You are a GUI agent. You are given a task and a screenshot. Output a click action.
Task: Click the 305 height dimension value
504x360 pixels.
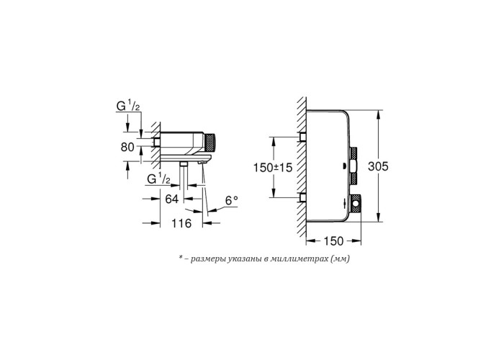[x=378, y=166]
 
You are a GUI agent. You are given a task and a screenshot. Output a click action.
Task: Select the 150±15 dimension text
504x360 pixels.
[x=273, y=168]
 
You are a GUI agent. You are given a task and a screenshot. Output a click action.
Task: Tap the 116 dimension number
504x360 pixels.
[x=181, y=222]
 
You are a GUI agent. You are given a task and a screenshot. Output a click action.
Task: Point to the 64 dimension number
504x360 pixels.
[x=171, y=199]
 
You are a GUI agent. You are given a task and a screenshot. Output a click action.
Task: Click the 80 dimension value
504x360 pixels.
[x=127, y=147]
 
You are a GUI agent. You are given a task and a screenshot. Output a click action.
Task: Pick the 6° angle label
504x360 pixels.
[x=231, y=201]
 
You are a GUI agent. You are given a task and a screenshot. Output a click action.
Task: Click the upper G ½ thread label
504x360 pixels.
[x=128, y=106]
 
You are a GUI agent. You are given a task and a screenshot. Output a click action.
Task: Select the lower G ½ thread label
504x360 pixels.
[x=158, y=179]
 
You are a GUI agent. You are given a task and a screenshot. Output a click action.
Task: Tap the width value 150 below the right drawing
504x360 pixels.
[x=333, y=240]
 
